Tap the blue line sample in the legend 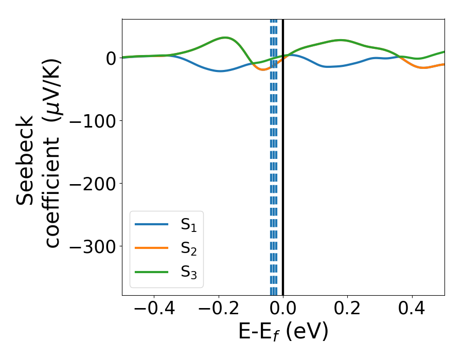(x=152, y=224)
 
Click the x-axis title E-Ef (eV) (x=283, y=332)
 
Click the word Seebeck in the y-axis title (x=26, y=159)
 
